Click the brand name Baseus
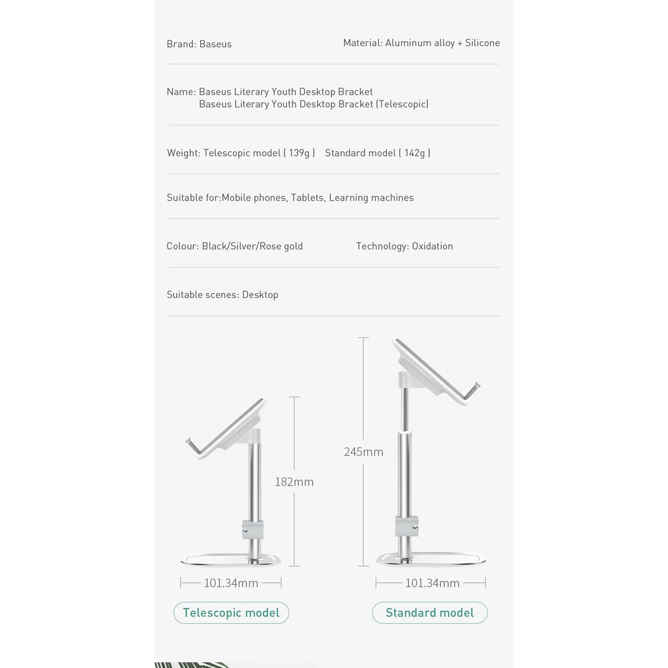tap(215, 44)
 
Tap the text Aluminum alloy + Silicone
tap(442, 43)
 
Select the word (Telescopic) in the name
tap(402, 104)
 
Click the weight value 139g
tap(299, 153)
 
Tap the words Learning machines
tap(371, 198)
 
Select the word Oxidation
tap(432, 246)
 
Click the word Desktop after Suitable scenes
tap(260, 295)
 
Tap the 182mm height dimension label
tap(294, 482)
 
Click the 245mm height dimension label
tap(363, 451)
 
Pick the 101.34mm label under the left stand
tap(231, 583)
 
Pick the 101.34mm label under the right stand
tap(432, 583)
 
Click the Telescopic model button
tap(231, 613)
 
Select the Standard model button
tap(429, 613)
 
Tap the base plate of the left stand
tap(230, 559)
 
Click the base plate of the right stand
tap(432, 559)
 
